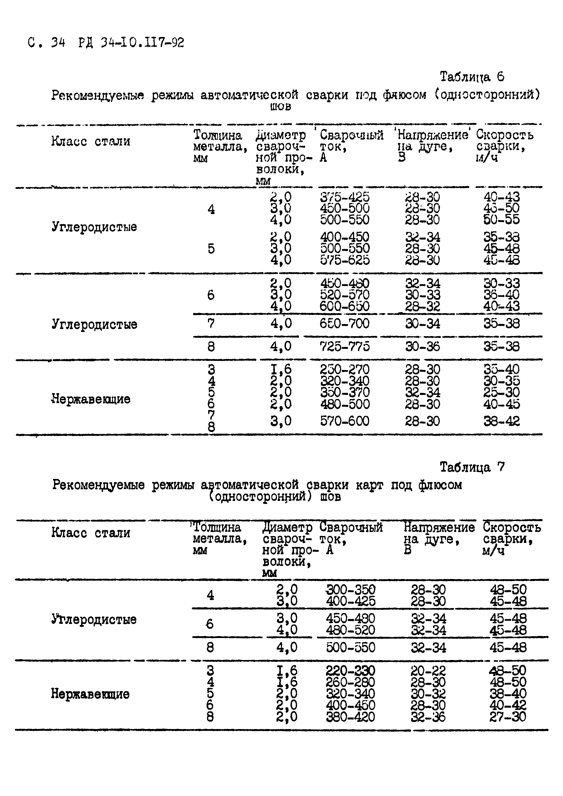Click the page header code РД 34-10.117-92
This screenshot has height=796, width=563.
131,43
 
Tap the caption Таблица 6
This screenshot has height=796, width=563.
472,77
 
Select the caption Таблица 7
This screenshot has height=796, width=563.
472,467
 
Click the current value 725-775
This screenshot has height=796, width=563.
345,346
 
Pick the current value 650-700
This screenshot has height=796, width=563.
345,323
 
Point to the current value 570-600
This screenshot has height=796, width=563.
345,421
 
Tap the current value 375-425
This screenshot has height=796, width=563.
345,197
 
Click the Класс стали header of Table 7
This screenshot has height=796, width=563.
91,532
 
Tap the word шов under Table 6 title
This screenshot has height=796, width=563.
280,106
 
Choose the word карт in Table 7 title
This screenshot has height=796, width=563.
369,485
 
